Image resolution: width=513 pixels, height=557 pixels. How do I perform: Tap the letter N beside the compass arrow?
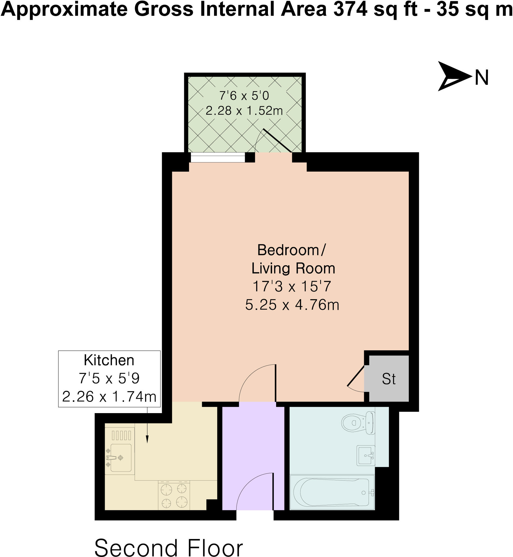point(482,78)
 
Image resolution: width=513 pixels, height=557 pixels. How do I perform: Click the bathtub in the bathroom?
point(332,492)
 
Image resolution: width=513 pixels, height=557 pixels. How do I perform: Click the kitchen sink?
point(121,458)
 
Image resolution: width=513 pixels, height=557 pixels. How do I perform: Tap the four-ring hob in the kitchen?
point(174,495)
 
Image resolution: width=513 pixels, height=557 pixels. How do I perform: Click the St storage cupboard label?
point(389,379)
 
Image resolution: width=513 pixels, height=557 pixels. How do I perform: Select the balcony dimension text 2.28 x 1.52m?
point(244,111)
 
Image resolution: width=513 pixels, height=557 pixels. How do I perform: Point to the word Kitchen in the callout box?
point(109,360)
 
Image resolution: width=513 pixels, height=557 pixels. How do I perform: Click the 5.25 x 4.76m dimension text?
point(292,305)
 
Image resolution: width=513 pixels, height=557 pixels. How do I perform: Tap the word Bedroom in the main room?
point(288,250)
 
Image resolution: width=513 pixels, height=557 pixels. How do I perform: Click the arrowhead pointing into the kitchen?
point(147,439)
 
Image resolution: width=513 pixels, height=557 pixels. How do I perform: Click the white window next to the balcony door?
point(218,158)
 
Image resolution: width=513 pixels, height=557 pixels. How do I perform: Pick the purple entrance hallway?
point(253,450)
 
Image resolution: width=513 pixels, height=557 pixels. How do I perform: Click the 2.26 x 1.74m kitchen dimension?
point(109,397)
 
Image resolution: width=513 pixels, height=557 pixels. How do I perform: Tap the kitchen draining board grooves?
point(121,435)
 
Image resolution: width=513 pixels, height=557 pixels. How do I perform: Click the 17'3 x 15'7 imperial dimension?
point(292,286)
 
